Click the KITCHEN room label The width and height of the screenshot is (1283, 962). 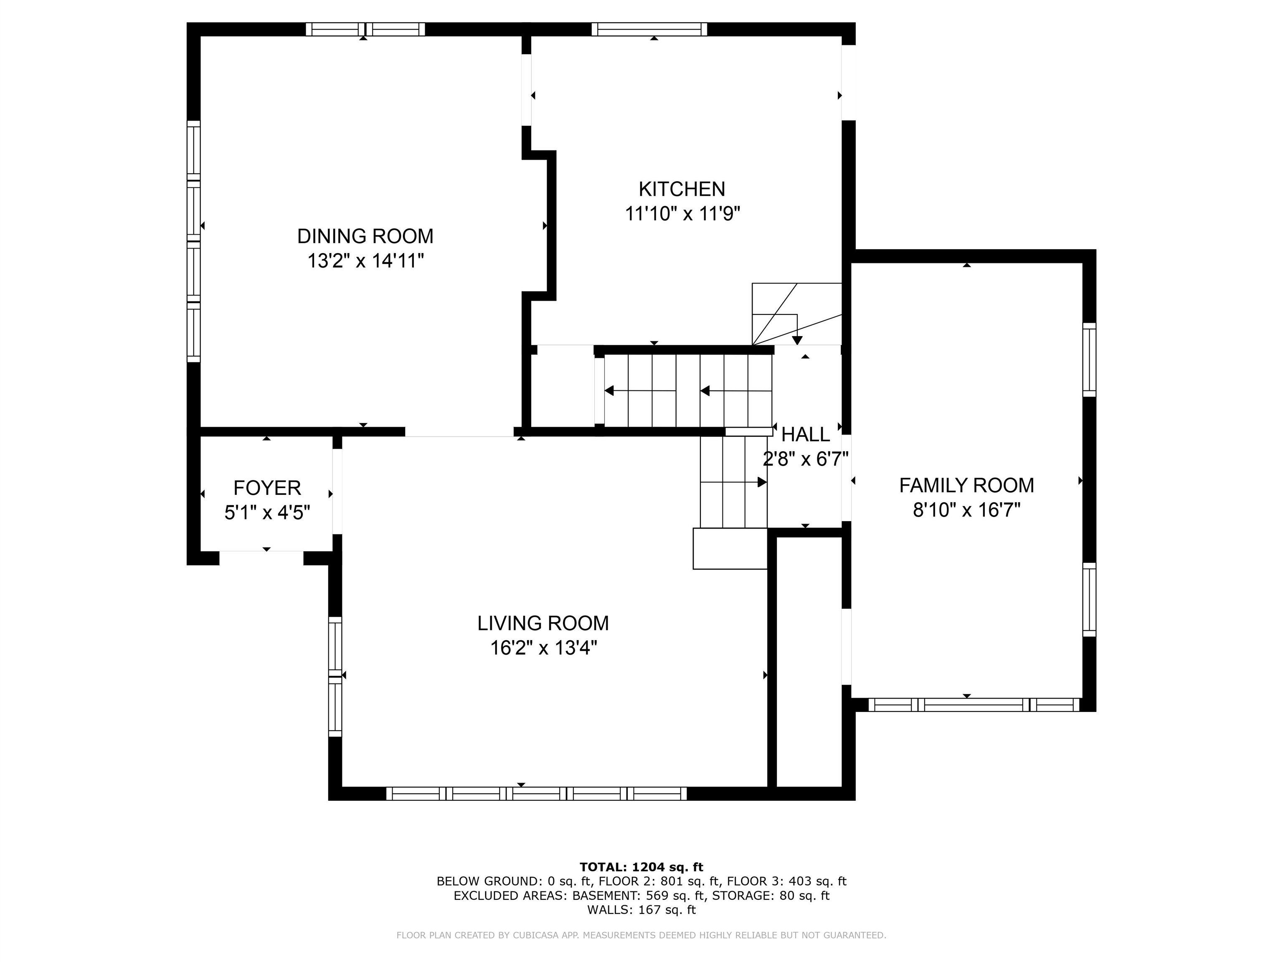coord(682,189)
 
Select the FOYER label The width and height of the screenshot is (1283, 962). coord(267,488)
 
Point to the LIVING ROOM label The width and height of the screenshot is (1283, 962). coord(543,623)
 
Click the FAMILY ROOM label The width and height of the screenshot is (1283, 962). coord(967,485)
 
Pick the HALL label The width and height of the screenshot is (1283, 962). coord(806,434)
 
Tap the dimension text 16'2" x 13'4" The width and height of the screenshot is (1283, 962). coord(543,648)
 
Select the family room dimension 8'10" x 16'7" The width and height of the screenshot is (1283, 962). coord(967,510)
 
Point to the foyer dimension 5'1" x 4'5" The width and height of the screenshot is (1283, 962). coord(267,513)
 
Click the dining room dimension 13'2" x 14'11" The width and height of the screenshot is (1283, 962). coord(365,261)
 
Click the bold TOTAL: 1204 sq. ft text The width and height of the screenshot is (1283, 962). coord(641,867)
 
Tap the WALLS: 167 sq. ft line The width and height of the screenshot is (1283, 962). coord(641,910)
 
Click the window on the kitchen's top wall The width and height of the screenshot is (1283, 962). coord(649,29)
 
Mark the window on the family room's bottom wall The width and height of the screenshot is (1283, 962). coord(974,704)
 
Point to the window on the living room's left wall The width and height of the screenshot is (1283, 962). coord(335,677)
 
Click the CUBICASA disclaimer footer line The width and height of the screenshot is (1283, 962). coord(641,935)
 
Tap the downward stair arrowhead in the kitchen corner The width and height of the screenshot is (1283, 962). coord(798,340)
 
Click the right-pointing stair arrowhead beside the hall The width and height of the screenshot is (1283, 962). coord(762,482)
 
